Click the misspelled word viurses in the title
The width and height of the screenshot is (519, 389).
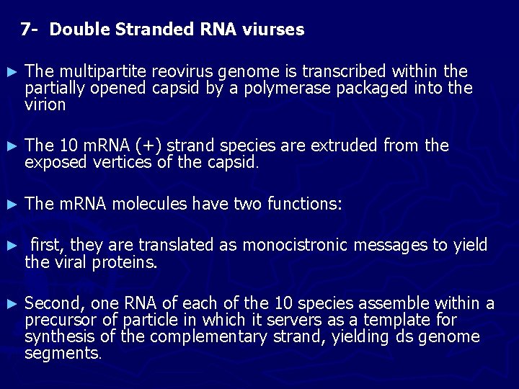coord(276,30)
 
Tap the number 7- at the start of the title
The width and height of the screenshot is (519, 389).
coord(30,30)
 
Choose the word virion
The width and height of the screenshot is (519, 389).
coord(45,105)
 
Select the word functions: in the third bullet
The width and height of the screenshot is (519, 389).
coord(305,204)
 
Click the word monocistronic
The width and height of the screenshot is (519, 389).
coord(298,246)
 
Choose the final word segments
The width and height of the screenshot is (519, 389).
coord(62,354)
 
